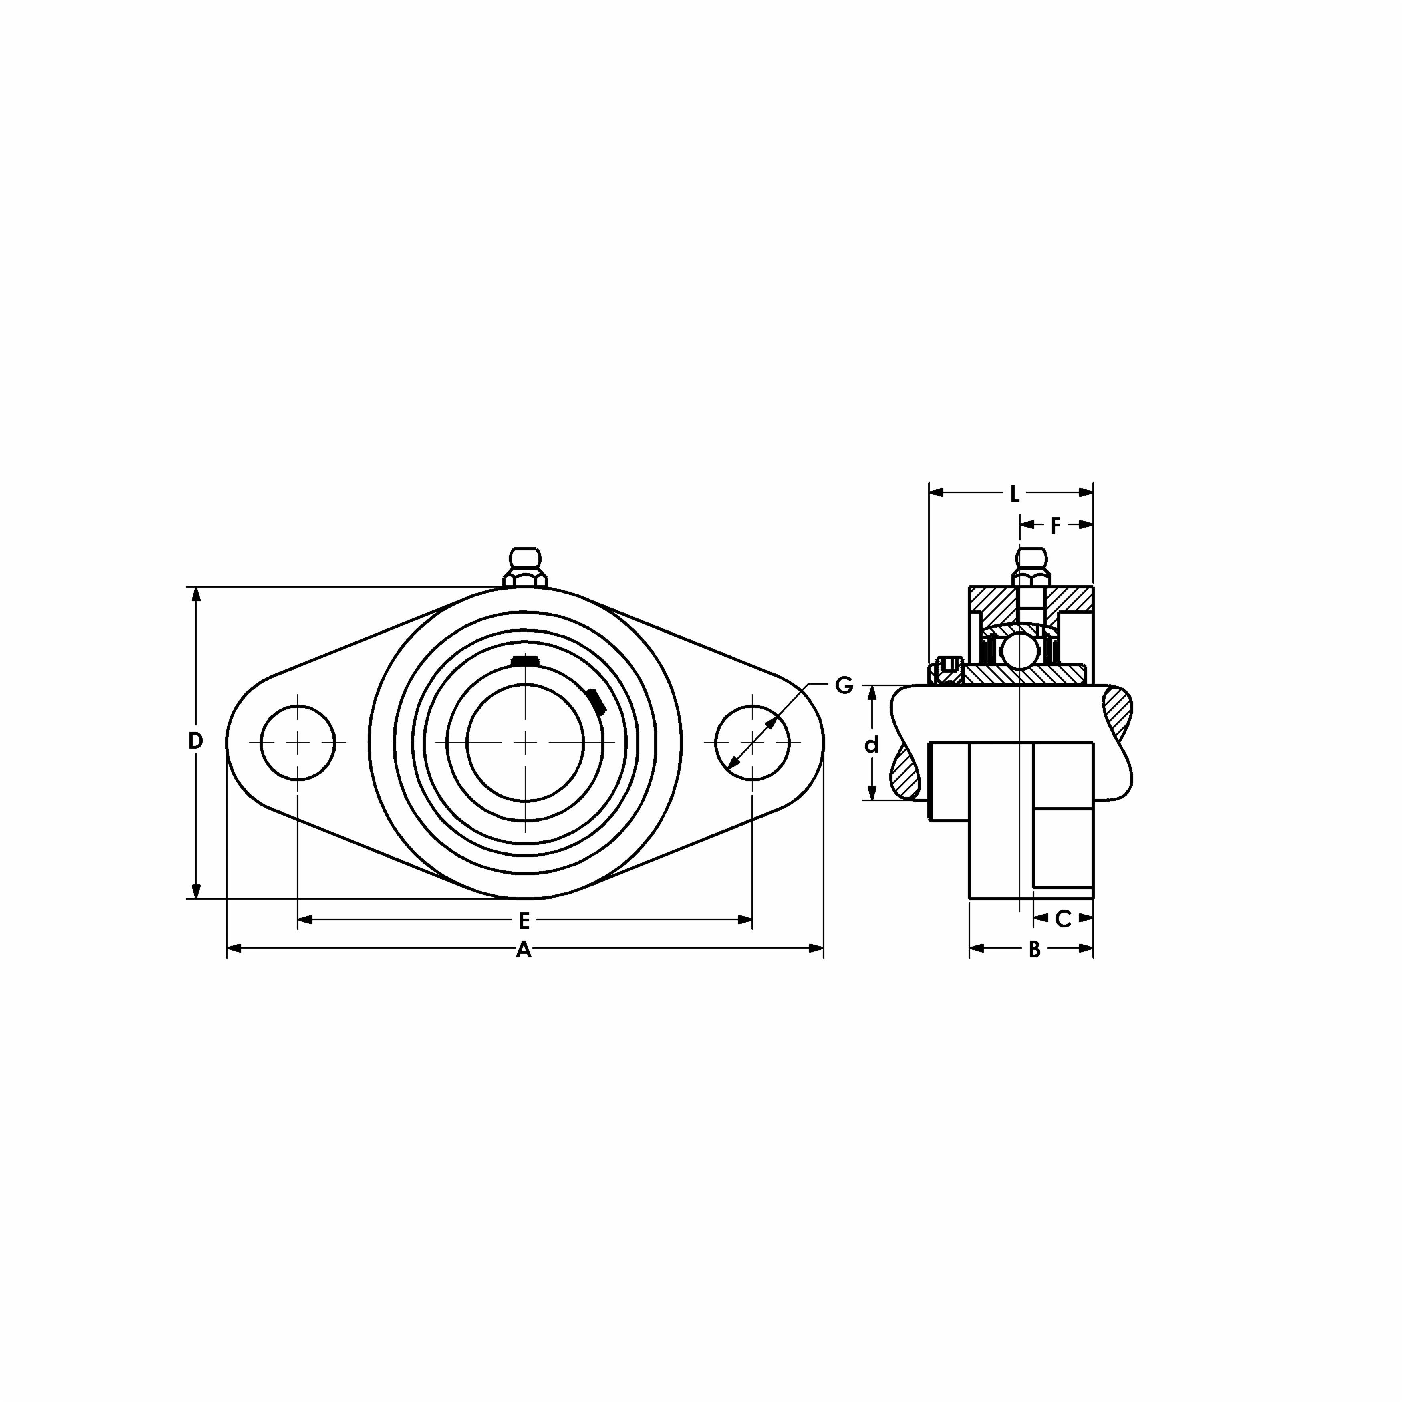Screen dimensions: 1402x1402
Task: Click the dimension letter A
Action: [523, 950]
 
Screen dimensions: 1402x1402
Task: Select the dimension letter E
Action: [524, 921]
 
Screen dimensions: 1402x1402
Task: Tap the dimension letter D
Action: [195, 741]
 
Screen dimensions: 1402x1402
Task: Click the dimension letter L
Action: [1015, 495]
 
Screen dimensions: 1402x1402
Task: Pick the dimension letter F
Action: [1056, 526]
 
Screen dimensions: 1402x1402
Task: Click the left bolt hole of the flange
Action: [298, 741]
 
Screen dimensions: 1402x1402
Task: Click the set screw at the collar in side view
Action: [947, 669]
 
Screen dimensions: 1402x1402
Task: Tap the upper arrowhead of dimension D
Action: [195, 594]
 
